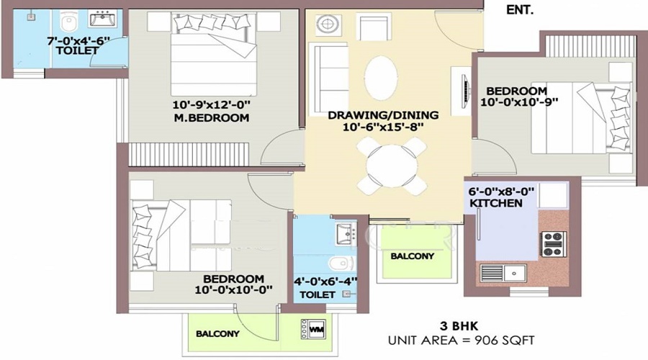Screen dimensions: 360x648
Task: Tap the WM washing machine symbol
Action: (x=316, y=330)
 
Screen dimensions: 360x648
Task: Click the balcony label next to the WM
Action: (x=217, y=334)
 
